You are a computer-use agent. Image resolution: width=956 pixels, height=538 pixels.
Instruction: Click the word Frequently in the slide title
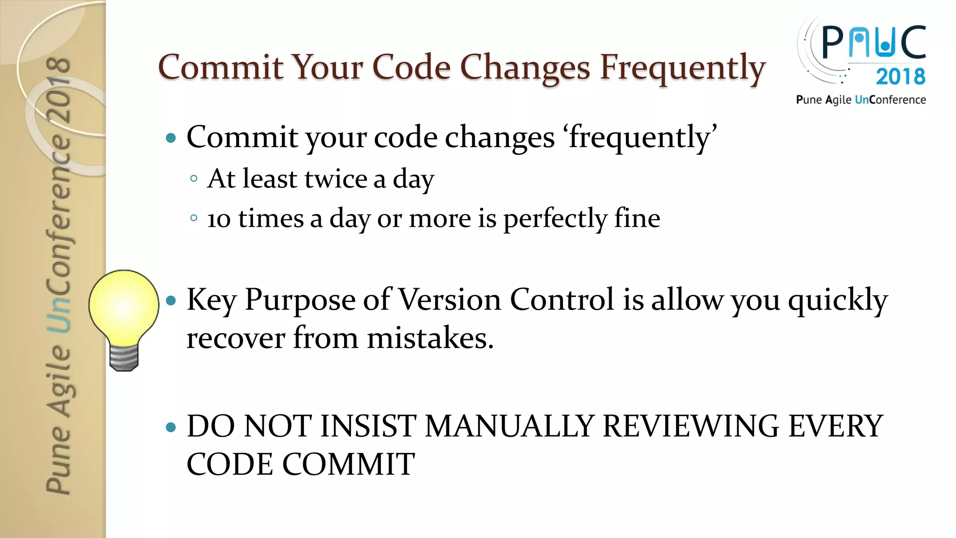click(682, 68)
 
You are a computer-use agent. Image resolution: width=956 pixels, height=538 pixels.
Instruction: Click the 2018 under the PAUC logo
click(900, 77)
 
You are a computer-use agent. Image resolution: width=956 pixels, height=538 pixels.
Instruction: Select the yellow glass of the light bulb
click(124, 306)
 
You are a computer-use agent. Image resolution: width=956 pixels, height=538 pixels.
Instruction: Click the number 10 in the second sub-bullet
click(219, 219)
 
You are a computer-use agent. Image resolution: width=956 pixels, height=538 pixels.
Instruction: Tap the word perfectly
click(555, 219)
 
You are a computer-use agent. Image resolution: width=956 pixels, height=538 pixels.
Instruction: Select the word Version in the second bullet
click(450, 300)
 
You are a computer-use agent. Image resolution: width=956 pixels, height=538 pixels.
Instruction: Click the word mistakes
click(430, 338)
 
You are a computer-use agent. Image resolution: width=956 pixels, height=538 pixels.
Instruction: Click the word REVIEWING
click(690, 426)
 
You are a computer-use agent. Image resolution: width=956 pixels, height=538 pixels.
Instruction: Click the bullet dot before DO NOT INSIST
click(171, 427)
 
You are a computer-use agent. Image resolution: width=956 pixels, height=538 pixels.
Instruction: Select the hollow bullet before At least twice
click(194, 178)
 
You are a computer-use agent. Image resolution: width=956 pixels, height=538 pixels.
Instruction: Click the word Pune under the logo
click(809, 100)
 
